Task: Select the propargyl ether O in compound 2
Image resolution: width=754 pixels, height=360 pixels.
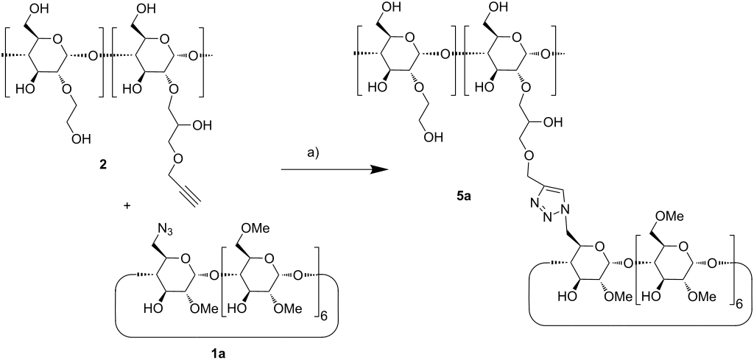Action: (167, 157)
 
